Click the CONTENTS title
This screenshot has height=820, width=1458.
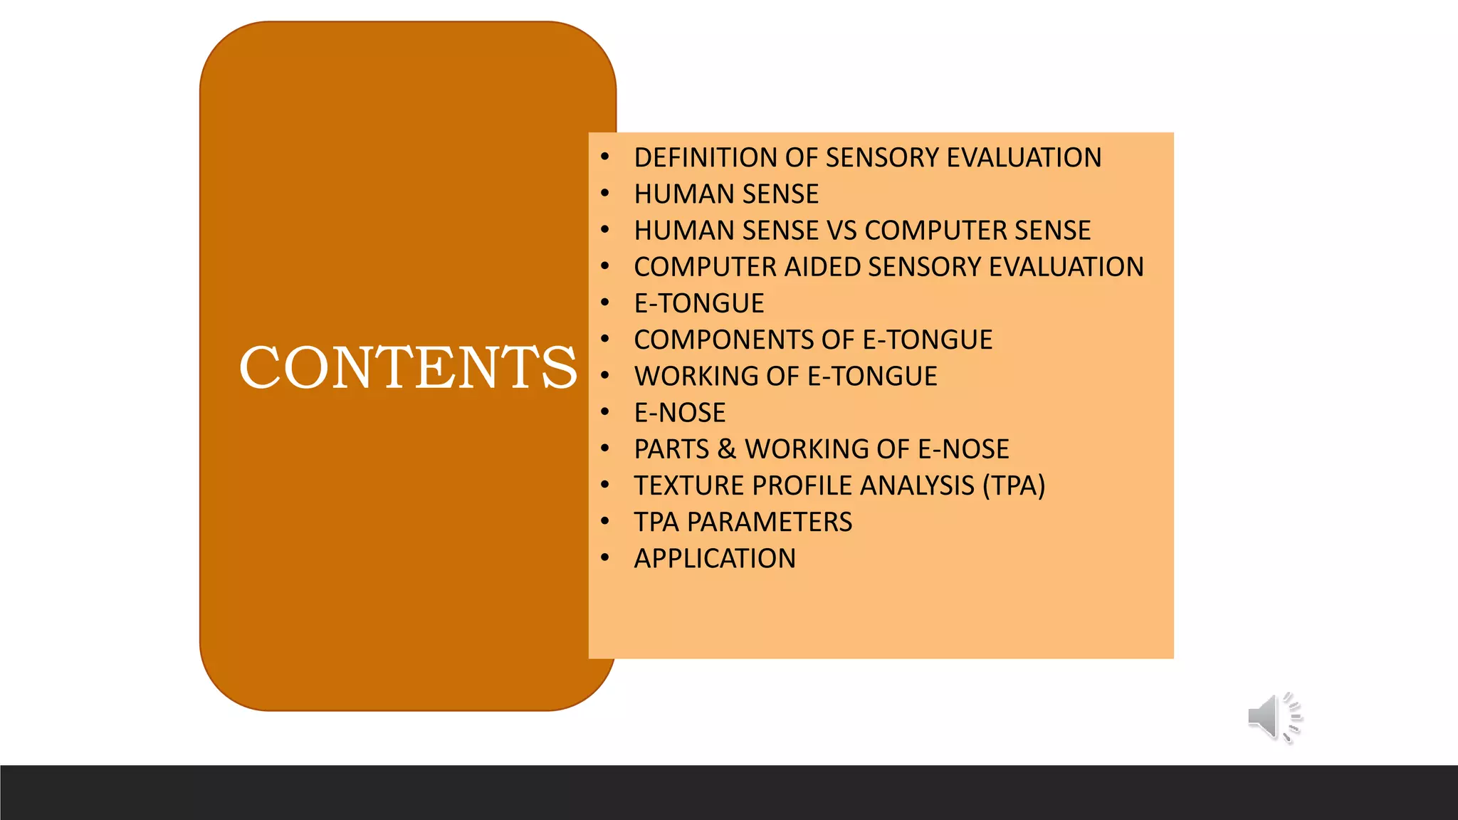point(408,367)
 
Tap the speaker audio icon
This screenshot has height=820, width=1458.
point(1274,717)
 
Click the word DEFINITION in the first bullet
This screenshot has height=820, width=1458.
point(706,158)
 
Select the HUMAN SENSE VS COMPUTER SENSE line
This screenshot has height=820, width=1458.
point(862,231)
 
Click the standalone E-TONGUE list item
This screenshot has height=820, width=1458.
point(698,304)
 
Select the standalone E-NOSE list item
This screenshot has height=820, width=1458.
point(680,413)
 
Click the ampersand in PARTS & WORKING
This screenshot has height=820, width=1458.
point(726,449)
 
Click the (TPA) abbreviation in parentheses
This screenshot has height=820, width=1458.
point(1014,486)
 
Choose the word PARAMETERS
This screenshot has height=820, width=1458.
point(770,522)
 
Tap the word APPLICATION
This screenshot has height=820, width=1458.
point(715,559)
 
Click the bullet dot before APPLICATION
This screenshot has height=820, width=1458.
point(604,557)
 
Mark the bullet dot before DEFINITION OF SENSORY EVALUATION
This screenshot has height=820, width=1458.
point(604,157)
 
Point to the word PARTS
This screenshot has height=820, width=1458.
point(671,449)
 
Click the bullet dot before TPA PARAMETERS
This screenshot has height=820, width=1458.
point(604,521)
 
